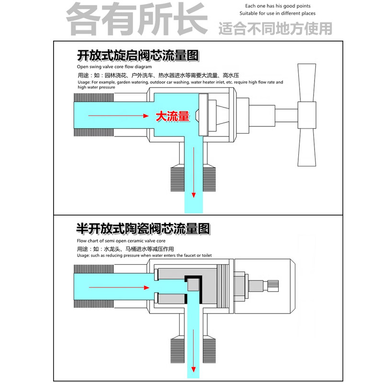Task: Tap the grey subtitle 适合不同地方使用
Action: [275, 28]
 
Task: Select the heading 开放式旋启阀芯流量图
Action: [137, 56]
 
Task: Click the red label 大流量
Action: [172, 116]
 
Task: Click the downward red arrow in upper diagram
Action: [194, 172]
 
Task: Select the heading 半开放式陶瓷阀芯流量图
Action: [143, 228]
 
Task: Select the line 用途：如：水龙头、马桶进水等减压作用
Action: [125, 249]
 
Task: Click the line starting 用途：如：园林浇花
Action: [158, 75]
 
